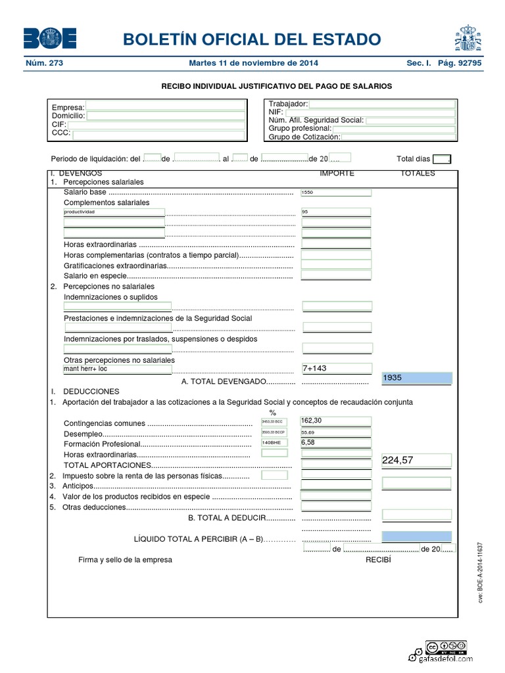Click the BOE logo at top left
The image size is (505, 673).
[50, 39]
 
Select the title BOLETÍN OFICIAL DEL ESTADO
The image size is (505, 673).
[251, 39]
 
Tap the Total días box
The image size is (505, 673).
[441, 158]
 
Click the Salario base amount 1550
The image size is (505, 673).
[336, 193]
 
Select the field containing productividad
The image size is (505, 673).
[114, 212]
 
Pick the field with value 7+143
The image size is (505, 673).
[337, 368]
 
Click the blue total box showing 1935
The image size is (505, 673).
[416, 378]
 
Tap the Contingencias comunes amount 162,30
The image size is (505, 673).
[336, 421]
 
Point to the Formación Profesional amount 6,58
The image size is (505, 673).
[336, 443]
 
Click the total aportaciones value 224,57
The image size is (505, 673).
[416, 461]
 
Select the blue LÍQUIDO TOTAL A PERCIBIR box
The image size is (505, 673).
[416, 536]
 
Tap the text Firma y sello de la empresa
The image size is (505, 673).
[125, 559]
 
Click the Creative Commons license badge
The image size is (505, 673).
[446, 646]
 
